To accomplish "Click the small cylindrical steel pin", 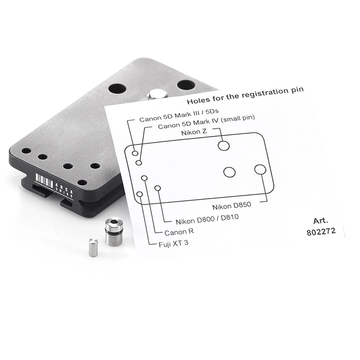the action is point(93,247).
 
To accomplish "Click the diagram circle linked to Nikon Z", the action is point(224,145).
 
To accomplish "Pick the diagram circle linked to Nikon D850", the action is point(261,170).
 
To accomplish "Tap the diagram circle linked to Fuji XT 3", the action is point(139,194).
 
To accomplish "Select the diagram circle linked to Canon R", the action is point(144,178).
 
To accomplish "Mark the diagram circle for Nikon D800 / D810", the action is point(157,188).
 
